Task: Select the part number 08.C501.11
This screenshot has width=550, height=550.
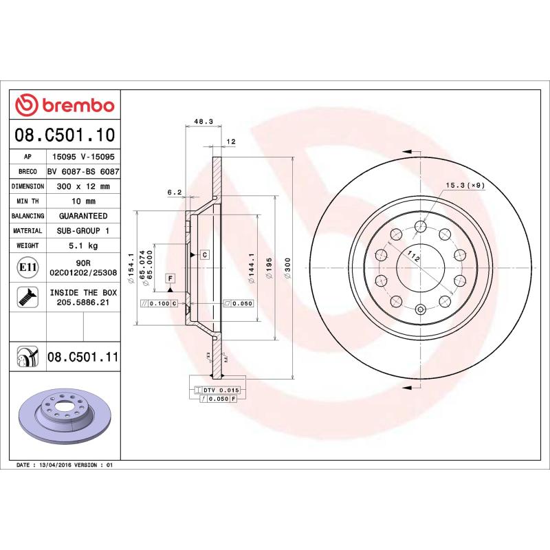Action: (x=83, y=357)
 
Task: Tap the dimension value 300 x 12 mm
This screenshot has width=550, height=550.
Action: (x=82, y=186)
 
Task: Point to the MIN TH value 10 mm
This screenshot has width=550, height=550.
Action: (x=82, y=201)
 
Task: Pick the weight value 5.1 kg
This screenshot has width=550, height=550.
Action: (x=82, y=245)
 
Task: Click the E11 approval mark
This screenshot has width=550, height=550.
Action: (x=28, y=267)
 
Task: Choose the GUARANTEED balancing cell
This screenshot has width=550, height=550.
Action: (x=82, y=216)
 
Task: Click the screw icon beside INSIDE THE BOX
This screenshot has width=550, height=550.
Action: (x=28, y=297)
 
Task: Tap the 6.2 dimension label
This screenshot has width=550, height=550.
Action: (x=174, y=192)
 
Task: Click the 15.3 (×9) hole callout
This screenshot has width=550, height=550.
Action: (x=465, y=185)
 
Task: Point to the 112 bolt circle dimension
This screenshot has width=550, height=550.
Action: (x=413, y=256)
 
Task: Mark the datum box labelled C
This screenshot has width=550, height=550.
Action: (x=204, y=254)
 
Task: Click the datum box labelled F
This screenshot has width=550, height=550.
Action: (x=170, y=278)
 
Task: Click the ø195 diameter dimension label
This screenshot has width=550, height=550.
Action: (x=270, y=267)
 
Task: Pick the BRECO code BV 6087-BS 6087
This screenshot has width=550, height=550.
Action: (x=82, y=172)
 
